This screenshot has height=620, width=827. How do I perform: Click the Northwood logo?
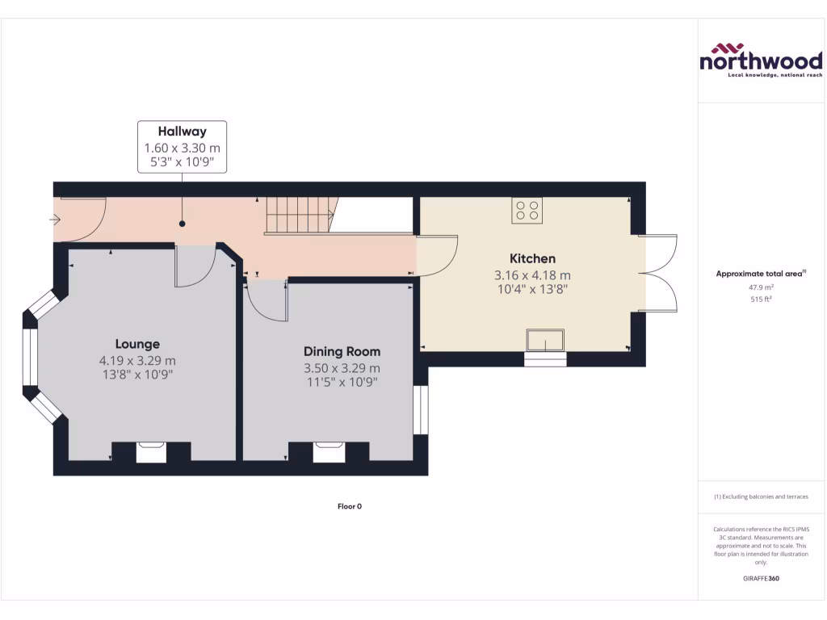760,61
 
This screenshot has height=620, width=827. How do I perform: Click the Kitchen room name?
532,258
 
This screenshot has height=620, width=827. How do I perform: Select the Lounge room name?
137,343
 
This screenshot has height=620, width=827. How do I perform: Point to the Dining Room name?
342,351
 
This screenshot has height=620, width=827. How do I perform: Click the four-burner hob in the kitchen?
527,211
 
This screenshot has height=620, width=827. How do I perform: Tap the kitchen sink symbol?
545,341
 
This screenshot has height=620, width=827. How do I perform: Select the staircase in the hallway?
300,216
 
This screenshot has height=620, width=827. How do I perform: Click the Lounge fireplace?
151,451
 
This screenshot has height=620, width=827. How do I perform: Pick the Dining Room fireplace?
328,451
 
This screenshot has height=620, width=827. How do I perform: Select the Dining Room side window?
419,410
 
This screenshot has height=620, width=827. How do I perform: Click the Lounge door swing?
195,266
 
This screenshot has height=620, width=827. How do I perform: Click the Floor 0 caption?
350,506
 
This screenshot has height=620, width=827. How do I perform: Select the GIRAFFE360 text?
759,578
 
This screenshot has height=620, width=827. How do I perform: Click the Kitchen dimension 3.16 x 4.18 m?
532,274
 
